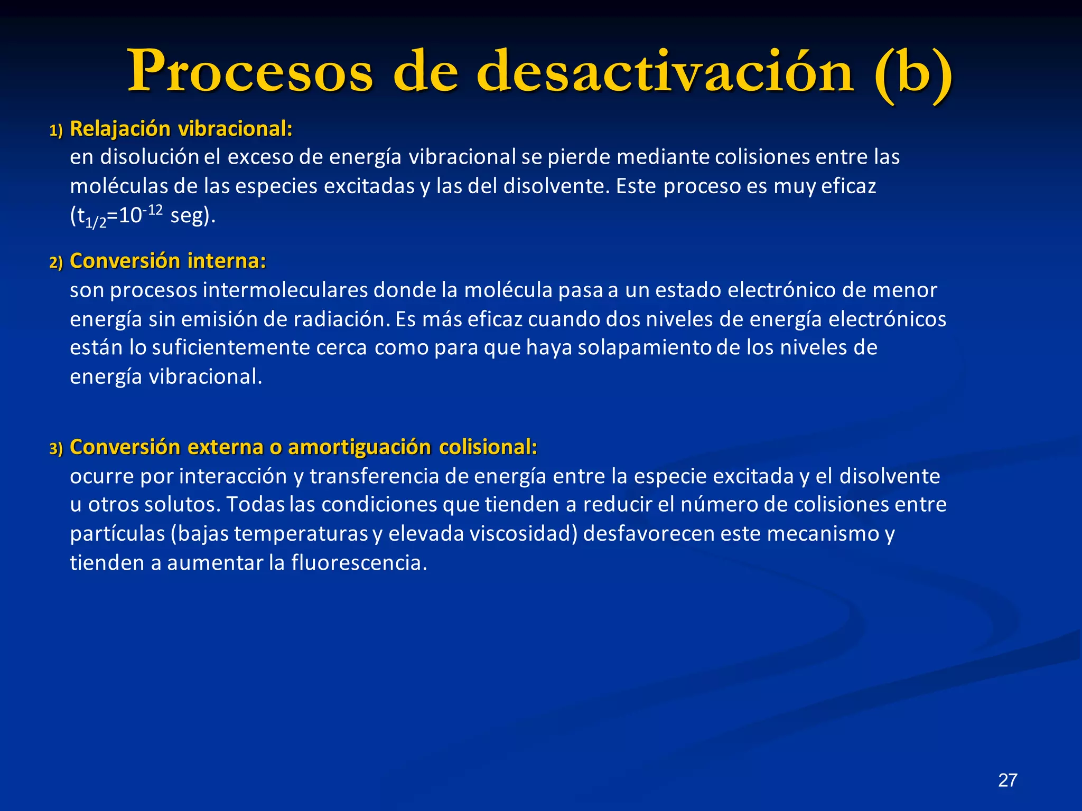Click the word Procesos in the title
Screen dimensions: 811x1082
(250, 72)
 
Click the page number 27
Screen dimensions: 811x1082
(1008, 780)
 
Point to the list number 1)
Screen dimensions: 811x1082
(56, 130)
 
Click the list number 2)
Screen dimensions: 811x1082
(56, 262)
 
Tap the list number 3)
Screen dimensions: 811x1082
(56, 449)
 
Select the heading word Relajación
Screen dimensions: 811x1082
(120, 129)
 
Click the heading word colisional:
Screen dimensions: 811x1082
(488, 447)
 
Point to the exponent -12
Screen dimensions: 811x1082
(153, 211)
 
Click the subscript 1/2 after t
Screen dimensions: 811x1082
(96, 222)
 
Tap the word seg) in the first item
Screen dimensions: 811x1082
(192, 216)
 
